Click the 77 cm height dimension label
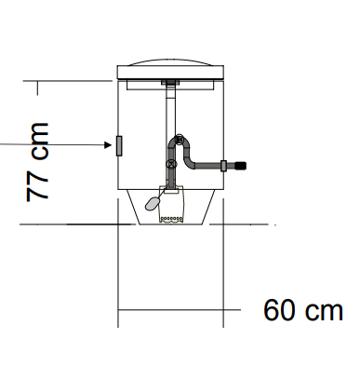[x=37, y=162]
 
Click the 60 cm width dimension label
[x=303, y=310]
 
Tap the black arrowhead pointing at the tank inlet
[x=108, y=144]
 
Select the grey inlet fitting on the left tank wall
[x=119, y=145]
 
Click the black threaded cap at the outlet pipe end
[x=241, y=166]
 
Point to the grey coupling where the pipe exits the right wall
[x=223, y=166]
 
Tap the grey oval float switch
[x=153, y=203]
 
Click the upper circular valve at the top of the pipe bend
[x=180, y=139]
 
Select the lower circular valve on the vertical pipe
[x=171, y=164]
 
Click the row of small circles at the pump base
[x=170, y=219]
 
